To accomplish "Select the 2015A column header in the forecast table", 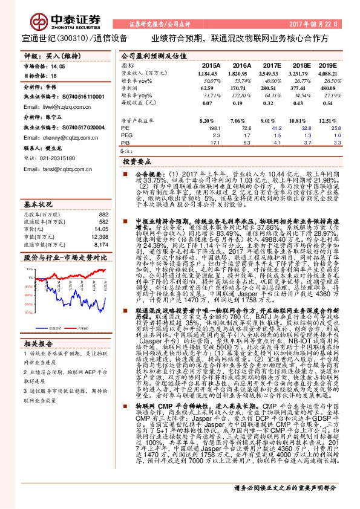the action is (x=211, y=65).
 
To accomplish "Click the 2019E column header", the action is (x=327, y=65).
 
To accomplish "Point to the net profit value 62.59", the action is (x=212, y=88).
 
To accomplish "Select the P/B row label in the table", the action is (x=125, y=143).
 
